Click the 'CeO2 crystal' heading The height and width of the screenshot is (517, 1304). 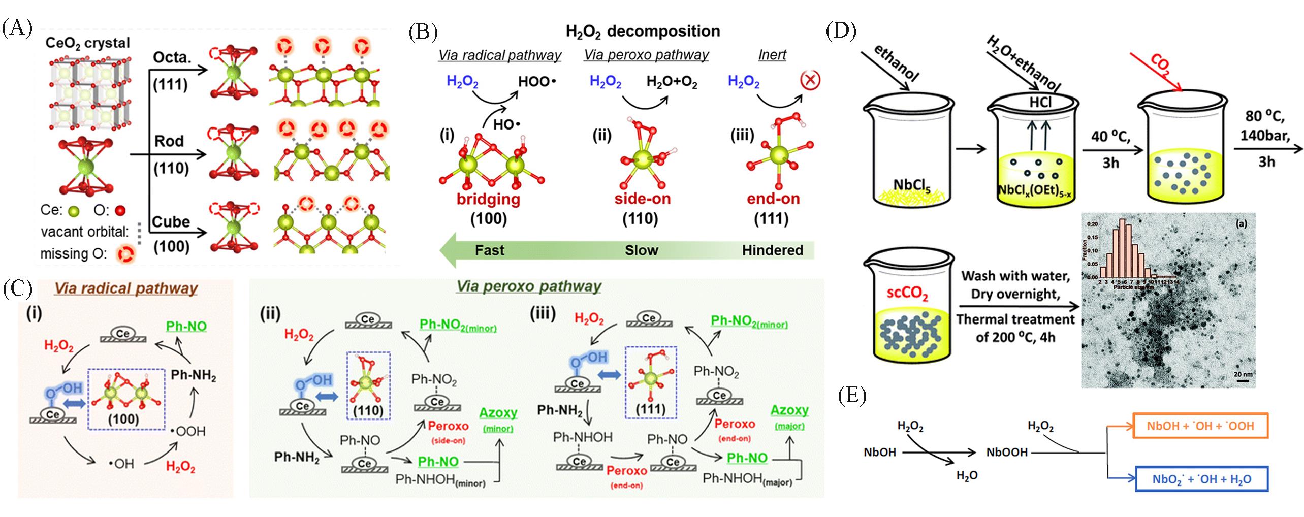pyautogui.click(x=87, y=43)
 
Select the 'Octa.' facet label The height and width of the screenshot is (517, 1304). pyautogui.click(x=172, y=57)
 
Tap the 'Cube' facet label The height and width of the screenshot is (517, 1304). pyautogui.click(x=171, y=222)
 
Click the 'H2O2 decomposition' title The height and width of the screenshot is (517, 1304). pyautogui.click(x=643, y=31)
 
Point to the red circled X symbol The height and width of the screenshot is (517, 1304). pyautogui.click(x=810, y=81)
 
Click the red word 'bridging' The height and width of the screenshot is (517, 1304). pyautogui.click(x=488, y=199)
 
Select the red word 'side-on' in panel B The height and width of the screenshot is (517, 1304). pyautogui.click(x=642, y=199)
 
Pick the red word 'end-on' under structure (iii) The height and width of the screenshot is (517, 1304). pyautogui.click(x=773, y=199)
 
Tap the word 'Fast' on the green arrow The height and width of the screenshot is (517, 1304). pyautogui.click(x=489, y=250)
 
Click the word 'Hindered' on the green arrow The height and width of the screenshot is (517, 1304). pyautogui.click(x=772, y=250)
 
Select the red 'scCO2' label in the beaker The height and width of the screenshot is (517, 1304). pyautogui.click(x=907, y=294)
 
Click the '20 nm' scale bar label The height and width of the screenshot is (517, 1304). pyautogui.click(x=1244, y=375)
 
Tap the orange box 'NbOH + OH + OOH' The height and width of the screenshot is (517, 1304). pyautogui.click(x=1200, y=426)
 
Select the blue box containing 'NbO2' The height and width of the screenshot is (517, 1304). pyautogui.click(x=1201, y=479)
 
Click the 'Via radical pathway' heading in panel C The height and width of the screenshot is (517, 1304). pyautogui.click(x=125, y=288)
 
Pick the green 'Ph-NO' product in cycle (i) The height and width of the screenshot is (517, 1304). pyautogui.click(x=186, y=326)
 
